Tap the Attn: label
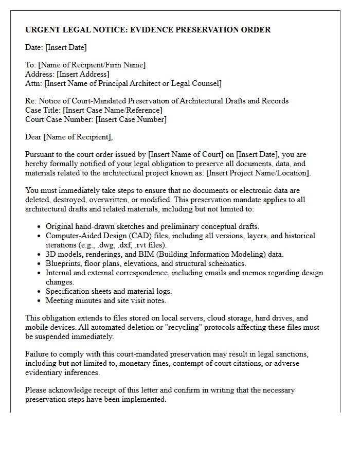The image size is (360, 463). click(34, 83)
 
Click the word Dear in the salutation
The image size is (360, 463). click(33, 137)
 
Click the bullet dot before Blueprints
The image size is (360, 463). click(40, 264)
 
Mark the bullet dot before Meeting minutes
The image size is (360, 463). click(40, 301)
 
